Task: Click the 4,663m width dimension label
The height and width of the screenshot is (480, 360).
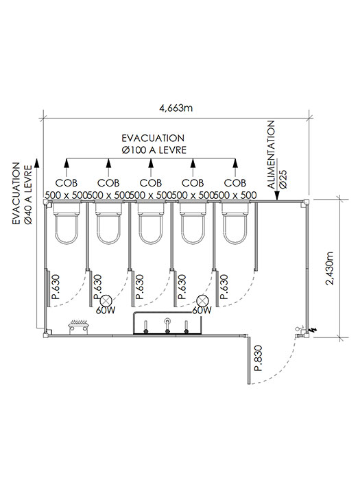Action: coord(176,108)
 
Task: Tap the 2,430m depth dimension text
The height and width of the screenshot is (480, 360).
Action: coord(330,269)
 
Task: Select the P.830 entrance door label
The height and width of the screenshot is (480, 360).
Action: coord(259,358)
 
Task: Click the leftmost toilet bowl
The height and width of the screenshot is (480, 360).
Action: coord(67,224)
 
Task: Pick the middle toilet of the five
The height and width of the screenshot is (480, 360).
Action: coord(151,224)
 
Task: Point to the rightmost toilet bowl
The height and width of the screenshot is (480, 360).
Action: coord(235,224)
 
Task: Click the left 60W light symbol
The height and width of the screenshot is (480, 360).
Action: coord(106,300)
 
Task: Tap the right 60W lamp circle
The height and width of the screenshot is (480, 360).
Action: coord(202,300)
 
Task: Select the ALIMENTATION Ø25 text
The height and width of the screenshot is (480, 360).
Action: coord(276,154)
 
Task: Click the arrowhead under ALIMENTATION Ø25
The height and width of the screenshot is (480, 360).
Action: coord(277,196)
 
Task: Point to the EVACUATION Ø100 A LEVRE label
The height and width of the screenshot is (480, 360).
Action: coord(154,144)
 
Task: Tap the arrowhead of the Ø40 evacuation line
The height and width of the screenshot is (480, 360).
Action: coord(37,163)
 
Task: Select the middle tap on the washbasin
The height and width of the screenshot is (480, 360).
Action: coord(167,326)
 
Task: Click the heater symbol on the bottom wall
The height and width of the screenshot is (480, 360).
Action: coord(80,327)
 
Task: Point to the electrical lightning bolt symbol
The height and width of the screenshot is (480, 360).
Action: coord(313,330)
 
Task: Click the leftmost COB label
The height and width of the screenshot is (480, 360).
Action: coord(66,183)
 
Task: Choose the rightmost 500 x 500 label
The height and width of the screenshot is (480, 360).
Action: coord(235,195)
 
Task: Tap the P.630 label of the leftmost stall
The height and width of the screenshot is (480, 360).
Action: coord(56,287)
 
